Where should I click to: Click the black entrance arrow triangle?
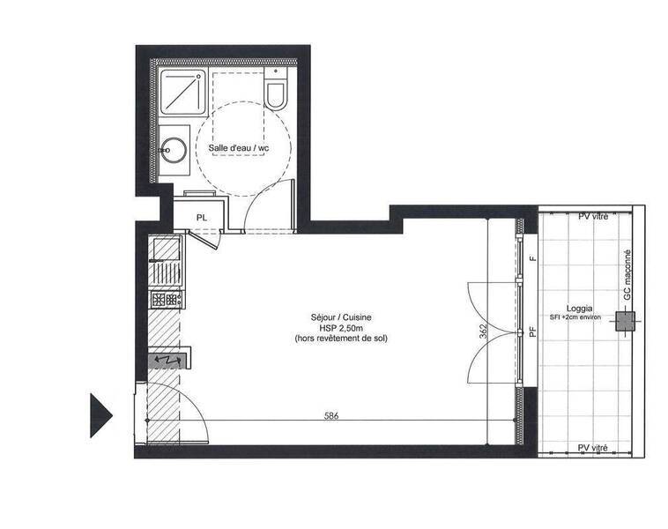click(100, 415)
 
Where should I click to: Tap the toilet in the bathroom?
click(276, 89)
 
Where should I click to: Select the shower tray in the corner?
click(183, 92)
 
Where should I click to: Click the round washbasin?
click(174, 150)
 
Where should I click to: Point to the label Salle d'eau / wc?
click(239, 148)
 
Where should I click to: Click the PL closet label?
click(202, 218)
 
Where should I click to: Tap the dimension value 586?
click(331, 416)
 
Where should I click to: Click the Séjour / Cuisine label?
click(341, 317)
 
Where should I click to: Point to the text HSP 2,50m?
click(341, 328)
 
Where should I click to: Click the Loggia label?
click(579, 309)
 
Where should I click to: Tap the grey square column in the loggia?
click(625, 322)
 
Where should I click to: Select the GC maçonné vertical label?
click(627, 274)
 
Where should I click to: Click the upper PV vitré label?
click(593, 217)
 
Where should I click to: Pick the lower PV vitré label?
click(592, 448)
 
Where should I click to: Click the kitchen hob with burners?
click(167, 299)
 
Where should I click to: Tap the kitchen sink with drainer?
click(167, 261)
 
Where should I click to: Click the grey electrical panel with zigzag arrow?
click(167, 361)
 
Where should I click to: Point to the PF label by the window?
click(532, 332)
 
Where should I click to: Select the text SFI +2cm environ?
click(575, 317)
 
